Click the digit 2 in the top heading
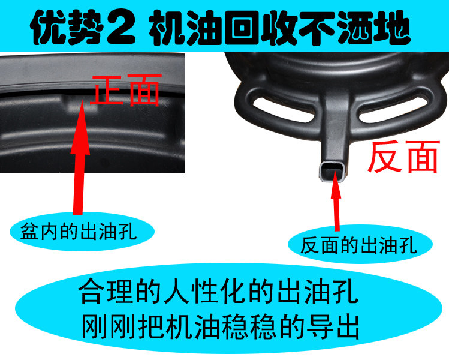point(121,28)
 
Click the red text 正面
point(125,90)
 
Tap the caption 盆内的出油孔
point(78,232)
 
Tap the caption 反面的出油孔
point(359,245)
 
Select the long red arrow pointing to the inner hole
point(80,157)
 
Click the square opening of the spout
point(332,172)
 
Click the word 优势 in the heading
point(67,28)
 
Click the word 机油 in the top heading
point(186,28)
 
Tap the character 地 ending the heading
point(393,28)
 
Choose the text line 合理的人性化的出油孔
point(218,292)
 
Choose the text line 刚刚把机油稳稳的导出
point(221,327)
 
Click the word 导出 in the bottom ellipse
point(333,327)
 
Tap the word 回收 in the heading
point(261,28)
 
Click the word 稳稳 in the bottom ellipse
point(249,327)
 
